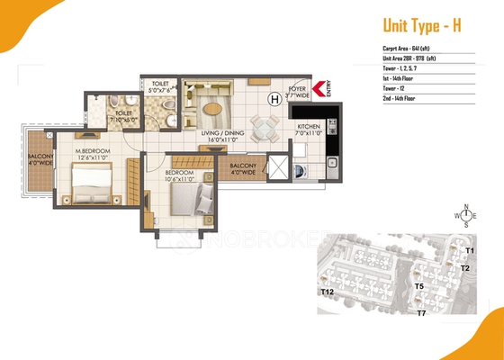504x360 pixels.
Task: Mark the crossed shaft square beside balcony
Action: pos(280,167)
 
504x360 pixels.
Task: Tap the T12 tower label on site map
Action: pos(327,292)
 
